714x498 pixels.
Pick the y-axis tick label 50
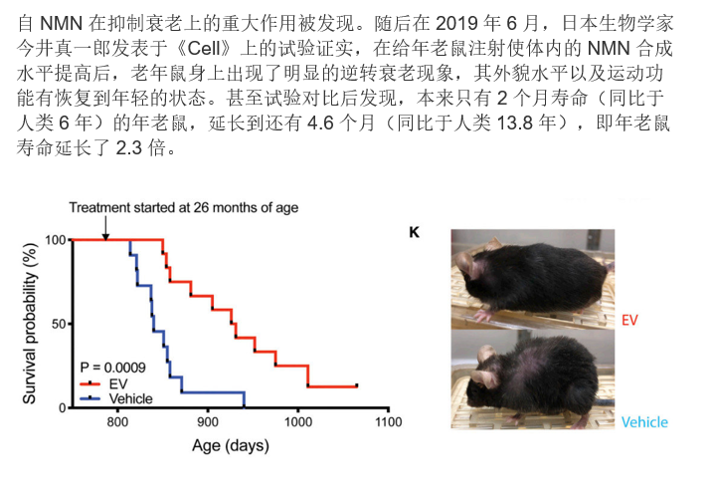pyautogui.click(x=60, y=324)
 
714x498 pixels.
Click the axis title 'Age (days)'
pyautogui.click(x=231, y=446)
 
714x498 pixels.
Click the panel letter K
pyautogui.click(x=415, y=232)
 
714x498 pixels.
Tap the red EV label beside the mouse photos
pyautogui.click(x=629, y=321)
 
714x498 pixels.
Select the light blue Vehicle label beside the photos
pyautogui.click(x=644, y=422)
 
